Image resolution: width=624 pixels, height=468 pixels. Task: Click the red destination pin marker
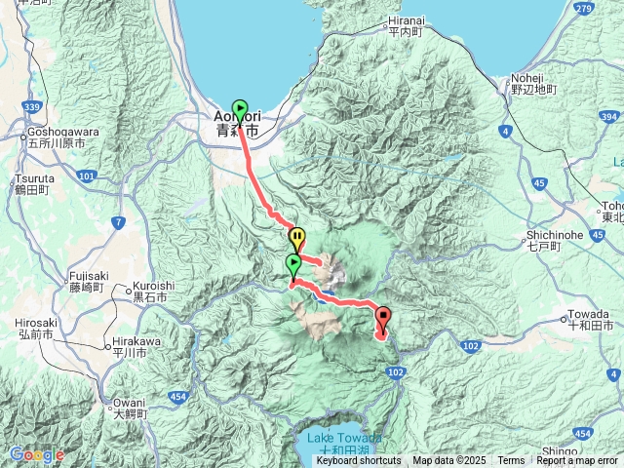(382, 317)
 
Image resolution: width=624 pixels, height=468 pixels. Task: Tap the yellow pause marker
(296, 237)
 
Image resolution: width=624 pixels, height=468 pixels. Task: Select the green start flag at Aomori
(240, 109)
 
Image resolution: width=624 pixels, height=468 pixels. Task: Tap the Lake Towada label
(338, 438)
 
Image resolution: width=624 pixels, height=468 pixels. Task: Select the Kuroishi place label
(149, 291)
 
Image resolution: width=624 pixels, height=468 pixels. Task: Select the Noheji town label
(532, 83)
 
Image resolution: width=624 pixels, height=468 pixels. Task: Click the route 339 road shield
(32, 107)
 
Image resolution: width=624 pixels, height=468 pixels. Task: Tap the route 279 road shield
(585, 10)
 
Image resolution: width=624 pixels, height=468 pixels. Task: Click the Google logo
(36, 454)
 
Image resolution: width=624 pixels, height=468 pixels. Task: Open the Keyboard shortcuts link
(358, 461)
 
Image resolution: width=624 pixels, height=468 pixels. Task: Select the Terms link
(511, 461)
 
